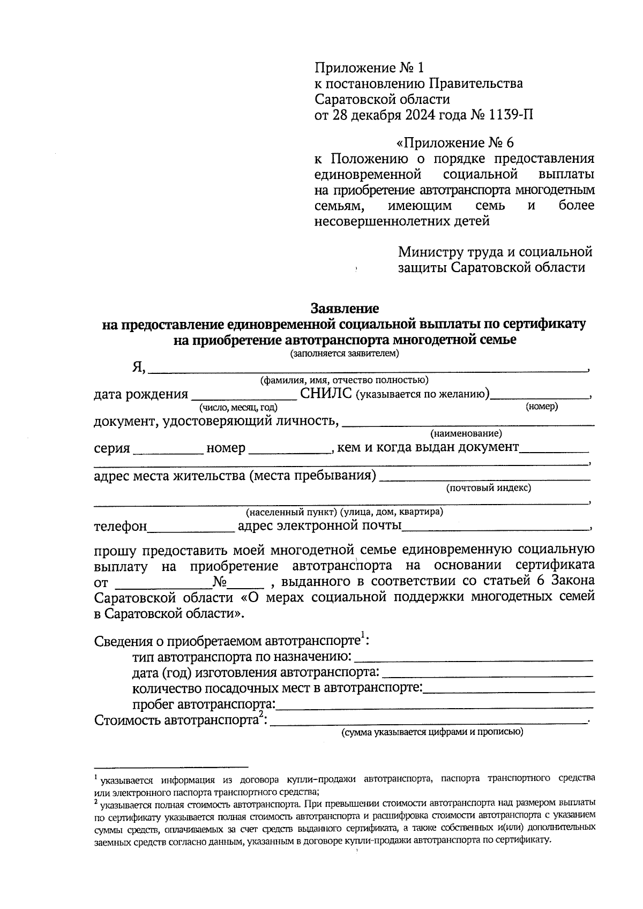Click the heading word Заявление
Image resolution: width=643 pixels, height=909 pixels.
pos(345,309)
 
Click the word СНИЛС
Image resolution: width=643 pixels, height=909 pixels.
pos(326,394)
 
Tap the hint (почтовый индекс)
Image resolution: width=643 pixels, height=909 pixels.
pos(488,488)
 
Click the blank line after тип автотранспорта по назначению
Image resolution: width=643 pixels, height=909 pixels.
pos(474,657)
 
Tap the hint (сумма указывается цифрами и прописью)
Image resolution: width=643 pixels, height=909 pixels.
pos(432,732)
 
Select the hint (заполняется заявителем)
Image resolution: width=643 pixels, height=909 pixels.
pos(345,354)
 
